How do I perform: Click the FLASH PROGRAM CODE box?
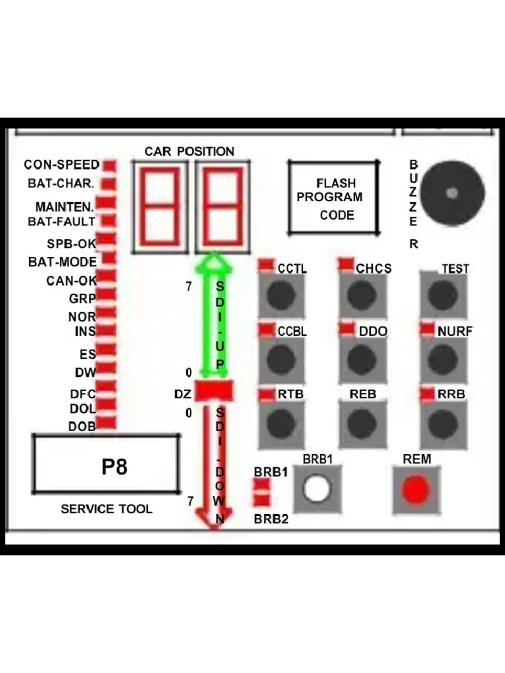pos(334,198)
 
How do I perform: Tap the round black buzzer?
pos(452,193)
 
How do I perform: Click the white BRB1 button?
pos(318,490)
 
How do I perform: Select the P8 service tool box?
pos(107,464)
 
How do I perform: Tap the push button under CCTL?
pos(281,295)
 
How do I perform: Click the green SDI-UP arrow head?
pos(214,263)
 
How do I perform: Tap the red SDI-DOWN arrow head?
pos(214,521)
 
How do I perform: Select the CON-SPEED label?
pos(62,164)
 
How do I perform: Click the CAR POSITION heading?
pos(189,151)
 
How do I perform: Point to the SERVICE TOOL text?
pos(107,509)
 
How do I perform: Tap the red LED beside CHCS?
pos(346,264)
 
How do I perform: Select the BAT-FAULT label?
pos(61,221)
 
